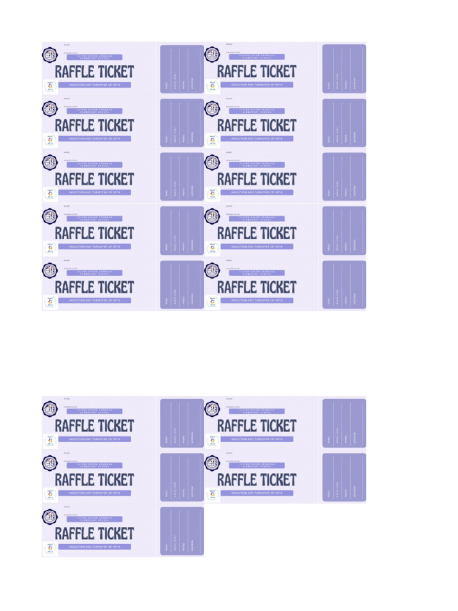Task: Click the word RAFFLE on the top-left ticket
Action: pos(75,72)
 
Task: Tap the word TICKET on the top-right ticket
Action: pos(276,72)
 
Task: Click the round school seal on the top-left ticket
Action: pos(49,55)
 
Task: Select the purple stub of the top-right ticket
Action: pos(344,69)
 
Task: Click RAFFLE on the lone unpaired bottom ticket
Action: pos(75,533)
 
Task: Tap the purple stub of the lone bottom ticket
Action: pos(182,531)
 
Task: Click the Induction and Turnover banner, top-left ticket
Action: pos(94,85)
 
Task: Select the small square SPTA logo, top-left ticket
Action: pos(50,87)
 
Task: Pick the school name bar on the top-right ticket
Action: pos(256,57)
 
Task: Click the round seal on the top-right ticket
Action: pos(212,55)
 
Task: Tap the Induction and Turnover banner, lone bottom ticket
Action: pos(94,547)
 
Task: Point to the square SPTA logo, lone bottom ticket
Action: pos(50,548)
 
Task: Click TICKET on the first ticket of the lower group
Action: pos(114,426)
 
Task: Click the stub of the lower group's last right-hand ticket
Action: pos(344,477)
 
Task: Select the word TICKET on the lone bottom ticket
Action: pos(114,533)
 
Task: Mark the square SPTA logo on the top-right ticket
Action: pos(212,87)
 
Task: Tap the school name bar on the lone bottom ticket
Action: pos(94,519)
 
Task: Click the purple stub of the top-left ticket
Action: pos(182,69)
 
